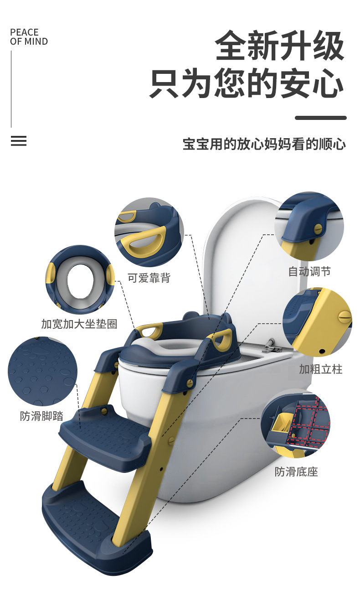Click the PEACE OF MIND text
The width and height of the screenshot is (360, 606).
(29, 37)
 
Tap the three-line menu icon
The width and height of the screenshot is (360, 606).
(19, 141)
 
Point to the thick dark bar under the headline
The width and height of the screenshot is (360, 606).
(320, 118)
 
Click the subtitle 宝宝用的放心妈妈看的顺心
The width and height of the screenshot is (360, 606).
(264, 144)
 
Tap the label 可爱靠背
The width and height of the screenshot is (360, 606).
(149, 278)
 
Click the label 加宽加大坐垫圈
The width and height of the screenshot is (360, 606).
(79, 324)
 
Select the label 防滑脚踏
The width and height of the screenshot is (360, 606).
(41, 416)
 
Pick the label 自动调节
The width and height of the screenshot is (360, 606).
(309, 272)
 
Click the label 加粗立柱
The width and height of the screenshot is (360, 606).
(320, 369)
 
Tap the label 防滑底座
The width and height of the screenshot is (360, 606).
(296, 471)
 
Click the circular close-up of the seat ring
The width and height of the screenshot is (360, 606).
(80, 280)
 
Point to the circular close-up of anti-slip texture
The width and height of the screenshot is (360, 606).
(42, 371)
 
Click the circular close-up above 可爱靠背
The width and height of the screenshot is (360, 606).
(149, 232)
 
